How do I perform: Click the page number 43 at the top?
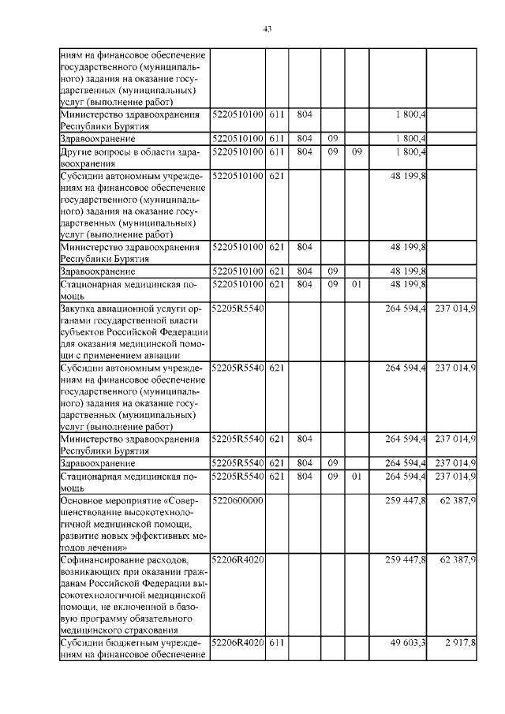tap(267, 30)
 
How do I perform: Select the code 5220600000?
tap(238, 500)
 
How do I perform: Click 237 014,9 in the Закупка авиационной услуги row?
tap(453, 306)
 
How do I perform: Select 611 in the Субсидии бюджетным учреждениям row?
tap(275, 645)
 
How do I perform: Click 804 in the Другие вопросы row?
tap(303, 150)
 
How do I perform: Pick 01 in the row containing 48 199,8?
tap(356, 282)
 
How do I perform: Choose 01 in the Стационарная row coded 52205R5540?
tap(356, 477)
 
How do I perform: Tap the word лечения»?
tap(109, 546)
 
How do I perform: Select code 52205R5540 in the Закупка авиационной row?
tap(238, 306)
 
